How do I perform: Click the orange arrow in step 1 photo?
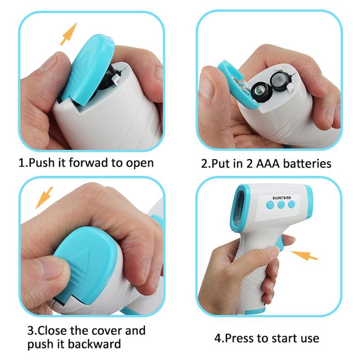pos(68,34)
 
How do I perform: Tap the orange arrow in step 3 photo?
pos(44,198)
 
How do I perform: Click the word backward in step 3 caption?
pos(94,344)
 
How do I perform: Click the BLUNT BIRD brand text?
pos(282,198)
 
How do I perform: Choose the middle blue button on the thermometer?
pos(281,205)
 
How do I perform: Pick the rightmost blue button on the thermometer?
pos(291,204)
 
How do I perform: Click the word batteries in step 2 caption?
pos(307,164)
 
